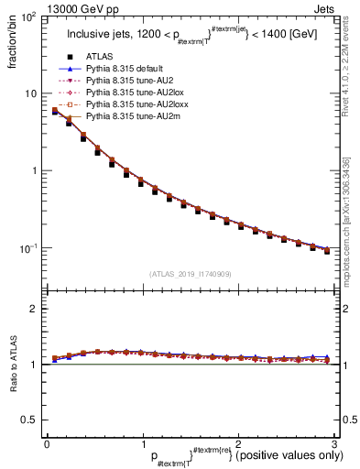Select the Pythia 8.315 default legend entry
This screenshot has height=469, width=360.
(120, 69)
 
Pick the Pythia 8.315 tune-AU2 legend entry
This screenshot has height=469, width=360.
(121, 81)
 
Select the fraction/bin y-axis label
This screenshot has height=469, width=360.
(11, 41)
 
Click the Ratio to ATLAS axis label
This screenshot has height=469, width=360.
(11, 364)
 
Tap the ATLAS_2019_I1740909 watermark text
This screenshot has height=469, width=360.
(189, 274)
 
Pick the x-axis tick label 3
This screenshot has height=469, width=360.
(334, 443)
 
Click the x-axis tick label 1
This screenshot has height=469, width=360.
(142, 443)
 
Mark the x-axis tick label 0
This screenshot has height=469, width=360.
(47, 443)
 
